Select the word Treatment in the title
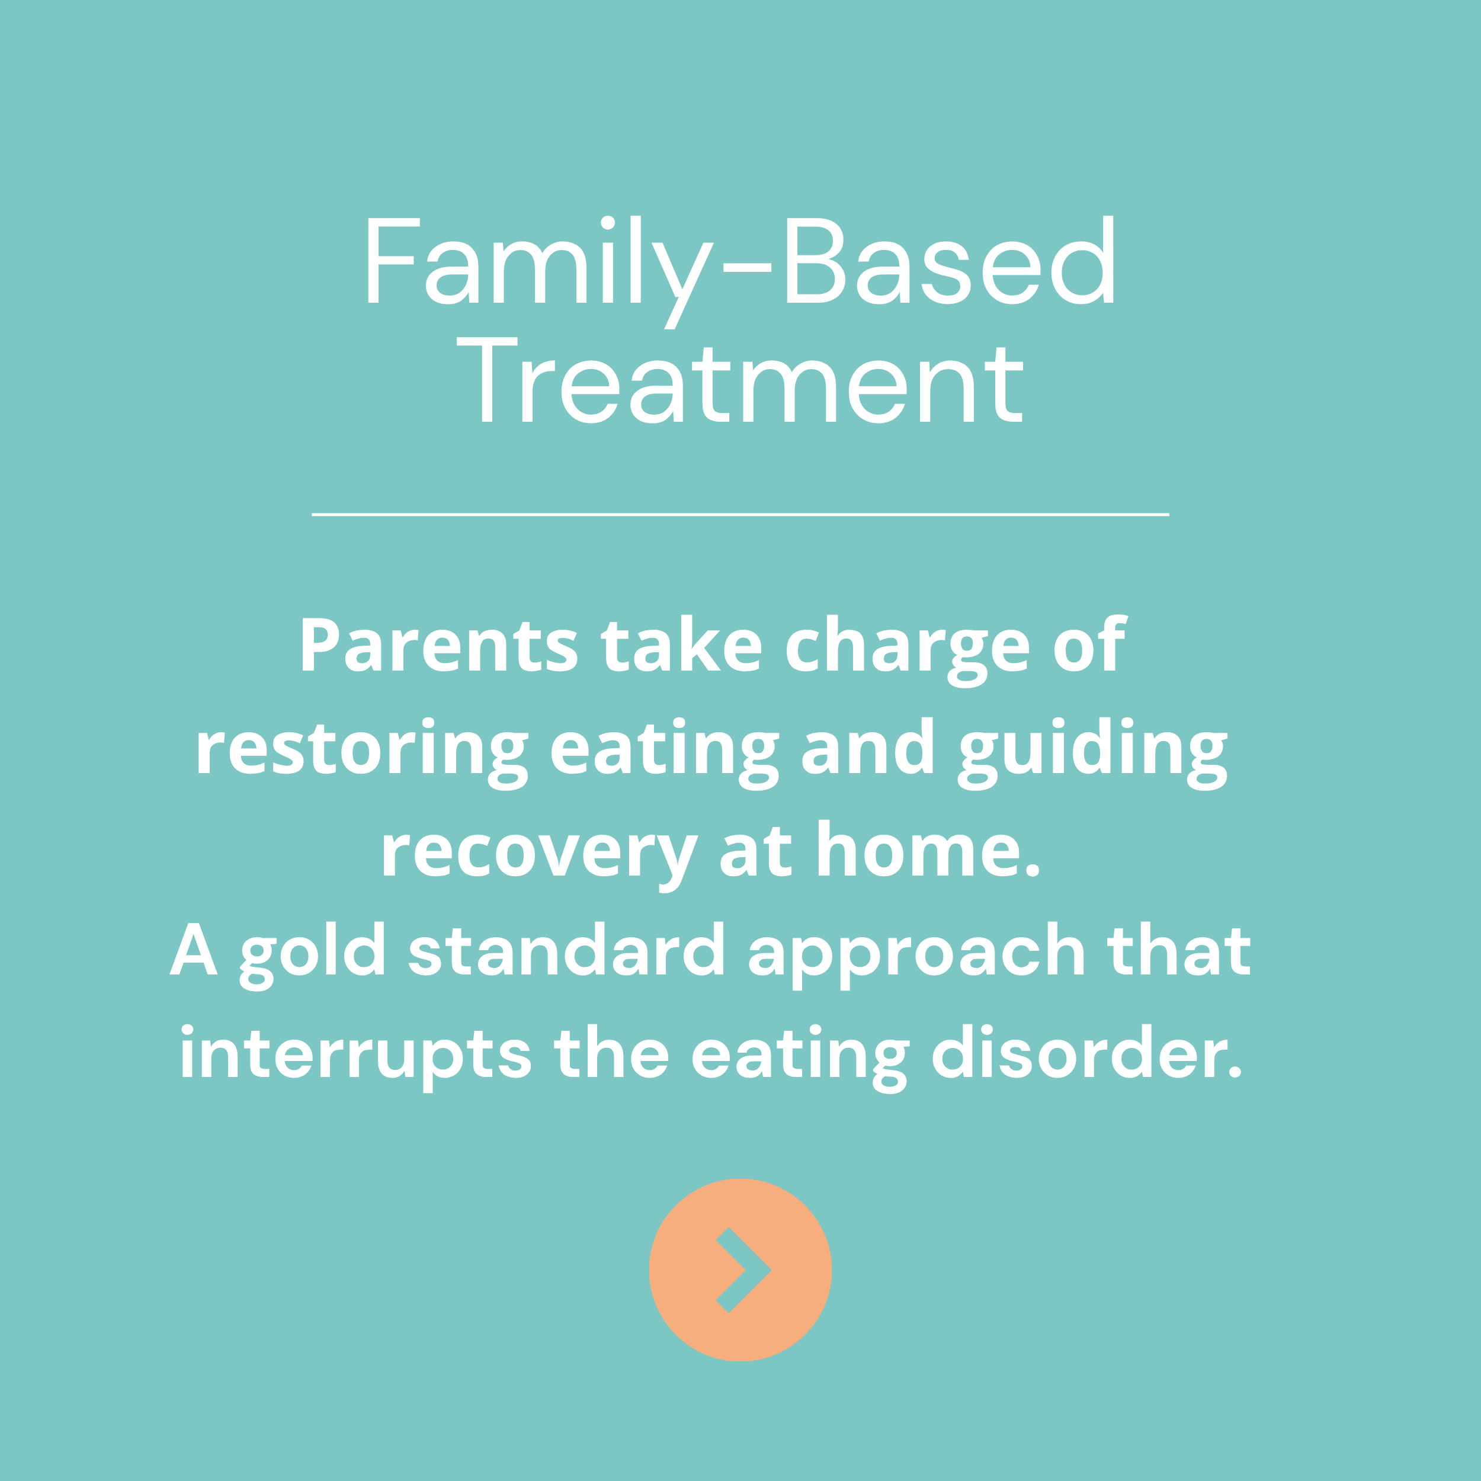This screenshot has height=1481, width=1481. [x=740, y=381]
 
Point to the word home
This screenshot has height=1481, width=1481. [x=928, y=850]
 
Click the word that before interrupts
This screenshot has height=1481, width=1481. [x=1178, y=951]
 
